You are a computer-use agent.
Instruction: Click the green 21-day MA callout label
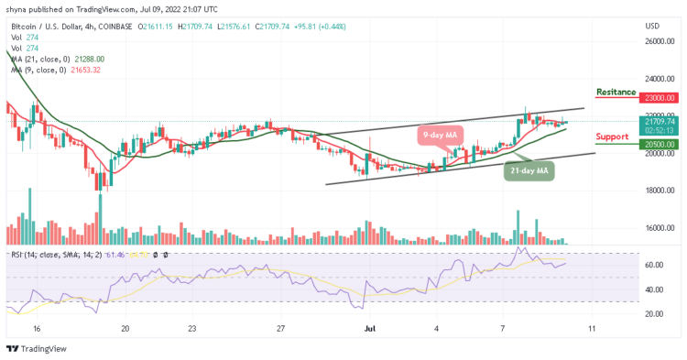pyautogui.click(x=529, y=170)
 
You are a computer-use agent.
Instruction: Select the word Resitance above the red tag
pyautogui.click(x=616, y=93)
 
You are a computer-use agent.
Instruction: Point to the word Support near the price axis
pyautogui.click(x=613, y=136)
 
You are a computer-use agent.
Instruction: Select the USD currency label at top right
pyautogui.click(x=652, y=25)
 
